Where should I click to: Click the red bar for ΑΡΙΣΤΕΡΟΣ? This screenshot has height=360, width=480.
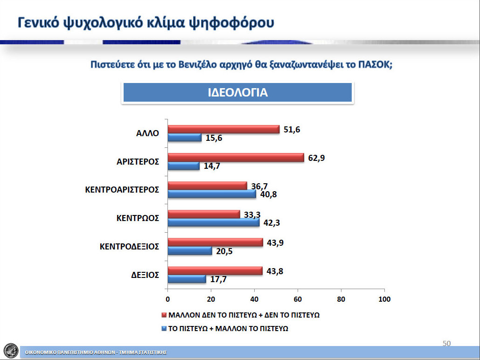click(x=236, y=158)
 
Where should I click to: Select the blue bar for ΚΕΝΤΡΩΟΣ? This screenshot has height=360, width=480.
click(x=214, y=222)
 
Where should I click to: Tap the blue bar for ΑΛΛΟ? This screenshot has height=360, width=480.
click(x=185, y=138)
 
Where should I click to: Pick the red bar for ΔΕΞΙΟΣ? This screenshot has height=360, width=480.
click(x=215, y=271)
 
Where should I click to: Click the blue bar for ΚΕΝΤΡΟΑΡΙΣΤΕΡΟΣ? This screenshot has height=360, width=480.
click(x=212, y=194)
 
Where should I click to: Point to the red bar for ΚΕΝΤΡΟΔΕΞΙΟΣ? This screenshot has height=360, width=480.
click(x=216, y=242)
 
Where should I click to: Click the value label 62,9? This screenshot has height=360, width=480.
click(x=317, y=158)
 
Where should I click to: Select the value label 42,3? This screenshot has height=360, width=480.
click(x=272, y=222)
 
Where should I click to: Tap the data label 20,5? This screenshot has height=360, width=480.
click(x=224, y=251)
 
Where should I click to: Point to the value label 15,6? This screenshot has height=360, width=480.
click(x=214, y=138)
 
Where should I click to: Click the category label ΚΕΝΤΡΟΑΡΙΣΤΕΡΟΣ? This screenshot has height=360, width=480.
click(x=122, y=190)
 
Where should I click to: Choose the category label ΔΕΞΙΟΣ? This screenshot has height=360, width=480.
click(x=145, y=275)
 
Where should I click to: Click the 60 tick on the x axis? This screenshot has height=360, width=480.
click(x=298, y=299)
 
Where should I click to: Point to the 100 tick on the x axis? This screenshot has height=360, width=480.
click(x=384, y=299)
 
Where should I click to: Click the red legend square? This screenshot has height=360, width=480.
click(x=164, y=315)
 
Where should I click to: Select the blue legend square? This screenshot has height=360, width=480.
click(x=164, y=329)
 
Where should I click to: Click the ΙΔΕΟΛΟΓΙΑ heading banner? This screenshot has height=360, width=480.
click(x=237, y=92)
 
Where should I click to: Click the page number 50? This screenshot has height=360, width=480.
click(x=446, y=344)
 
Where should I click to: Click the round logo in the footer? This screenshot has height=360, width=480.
click(x=11, y=351)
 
